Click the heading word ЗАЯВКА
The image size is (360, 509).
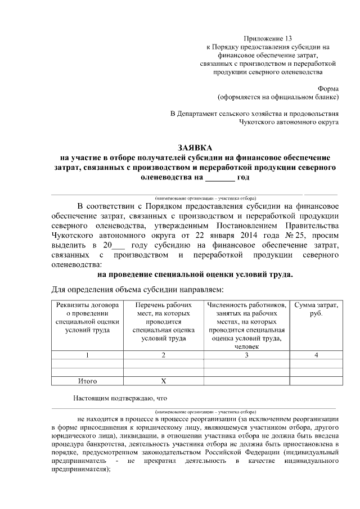coord(195,147)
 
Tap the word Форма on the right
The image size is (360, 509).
coord(328,88)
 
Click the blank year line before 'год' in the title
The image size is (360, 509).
coord(219,179)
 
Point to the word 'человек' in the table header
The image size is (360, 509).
coord(246,347)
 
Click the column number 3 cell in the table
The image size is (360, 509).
coord(246,355)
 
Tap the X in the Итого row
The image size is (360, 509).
coord(163,381)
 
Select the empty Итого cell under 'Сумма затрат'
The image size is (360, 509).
coord(316,381)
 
